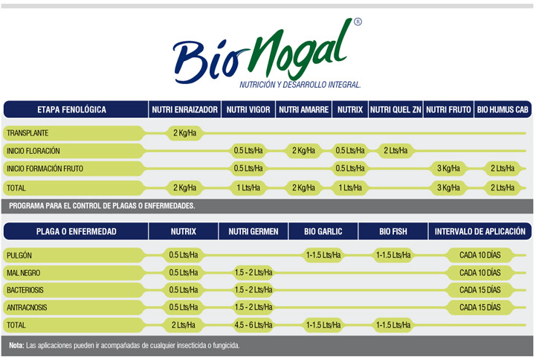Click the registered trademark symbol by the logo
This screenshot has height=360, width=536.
tap(358, 23)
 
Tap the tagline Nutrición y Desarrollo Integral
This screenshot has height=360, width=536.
tap(300, 84)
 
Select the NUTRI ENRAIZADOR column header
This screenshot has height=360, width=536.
tap(184, 109)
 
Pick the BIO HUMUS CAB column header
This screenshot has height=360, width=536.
tap(503, 109)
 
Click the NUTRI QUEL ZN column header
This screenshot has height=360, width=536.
tap(395, 109)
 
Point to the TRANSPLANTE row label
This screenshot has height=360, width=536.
tap(28, 133)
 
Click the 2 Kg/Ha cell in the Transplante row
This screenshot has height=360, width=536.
tap(184, 133)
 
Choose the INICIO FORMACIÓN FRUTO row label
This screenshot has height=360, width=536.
tap(45, 169)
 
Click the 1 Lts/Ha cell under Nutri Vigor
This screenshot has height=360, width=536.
tap(248, 187)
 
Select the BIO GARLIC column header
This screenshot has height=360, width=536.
tap(323, 231)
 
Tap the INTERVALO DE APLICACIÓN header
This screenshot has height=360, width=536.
tap(480, 231)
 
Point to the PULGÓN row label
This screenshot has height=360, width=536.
tap(19, 255)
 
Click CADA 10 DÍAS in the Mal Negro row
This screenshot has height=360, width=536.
tap(480, 272)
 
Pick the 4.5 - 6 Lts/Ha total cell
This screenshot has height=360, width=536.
tap(253, 325)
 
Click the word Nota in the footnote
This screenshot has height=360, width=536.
tap(16, 346)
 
